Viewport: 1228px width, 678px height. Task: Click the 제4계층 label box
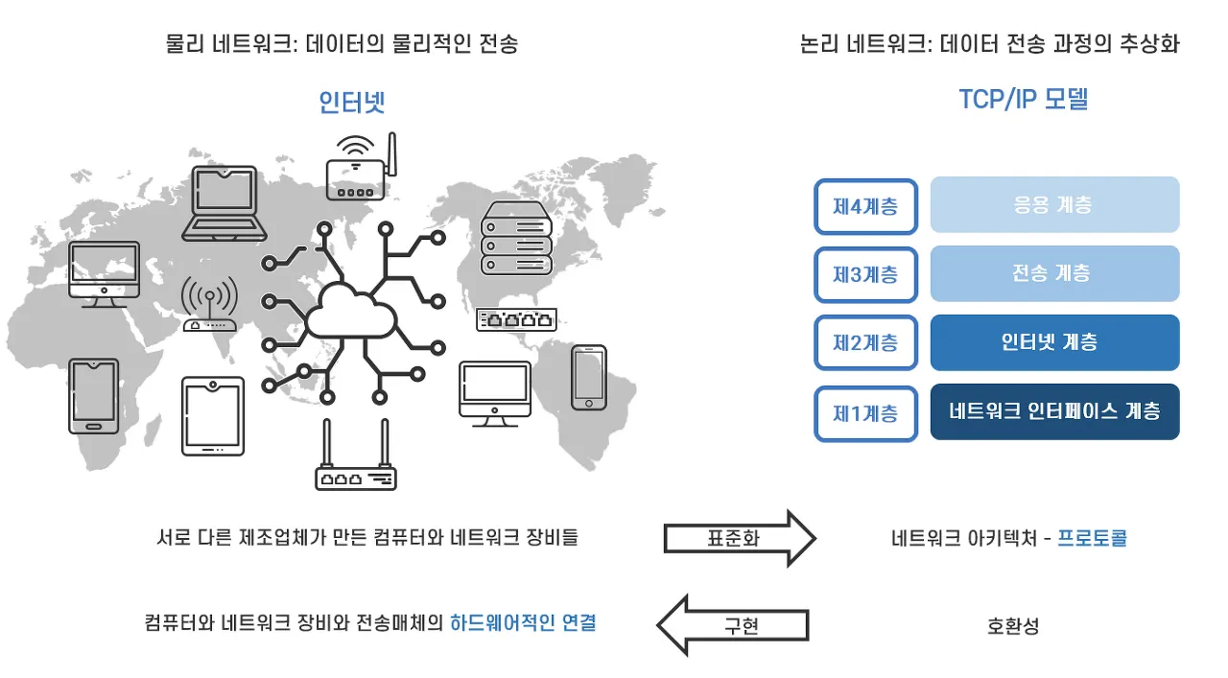coord(865,206)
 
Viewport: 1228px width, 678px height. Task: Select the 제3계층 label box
coord(865,274)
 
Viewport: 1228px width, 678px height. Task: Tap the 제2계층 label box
coord(865,342)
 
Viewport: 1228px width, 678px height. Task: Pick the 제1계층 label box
coord(865,413)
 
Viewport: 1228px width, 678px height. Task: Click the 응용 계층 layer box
coord(1054,204)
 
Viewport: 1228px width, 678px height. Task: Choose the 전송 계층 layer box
coord(1054,273)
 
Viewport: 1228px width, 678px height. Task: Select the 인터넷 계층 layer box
coord(1054,342)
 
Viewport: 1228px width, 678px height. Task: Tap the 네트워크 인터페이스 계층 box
coord(1054,411)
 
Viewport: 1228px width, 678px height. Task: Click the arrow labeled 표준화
coord(740,538)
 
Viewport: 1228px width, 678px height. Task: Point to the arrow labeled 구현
coord(733,625)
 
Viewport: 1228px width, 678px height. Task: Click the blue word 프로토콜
coord(1092,538)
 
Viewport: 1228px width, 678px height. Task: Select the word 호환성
coord(1012,625)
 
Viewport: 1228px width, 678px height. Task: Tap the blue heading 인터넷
coord(352,102)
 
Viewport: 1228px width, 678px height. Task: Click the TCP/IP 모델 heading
coord(1023,99)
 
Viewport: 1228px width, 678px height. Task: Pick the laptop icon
coord(224,203)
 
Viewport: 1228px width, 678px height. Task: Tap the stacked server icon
coord(516,238)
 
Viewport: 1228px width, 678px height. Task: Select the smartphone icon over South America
coord(589,378)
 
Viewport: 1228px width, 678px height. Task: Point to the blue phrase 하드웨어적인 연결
coord(523,623)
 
